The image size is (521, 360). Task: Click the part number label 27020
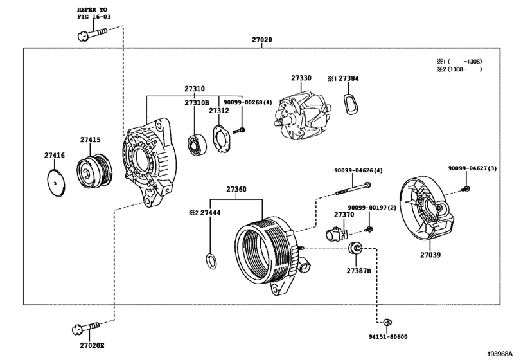(262, 40)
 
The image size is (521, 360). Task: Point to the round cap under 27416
(56, 183)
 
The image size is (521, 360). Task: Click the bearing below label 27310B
(197, 145)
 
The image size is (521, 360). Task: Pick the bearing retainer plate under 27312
(221, 139)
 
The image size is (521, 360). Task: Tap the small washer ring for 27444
(211, 261)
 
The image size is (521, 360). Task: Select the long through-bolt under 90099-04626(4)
(353, 188)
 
